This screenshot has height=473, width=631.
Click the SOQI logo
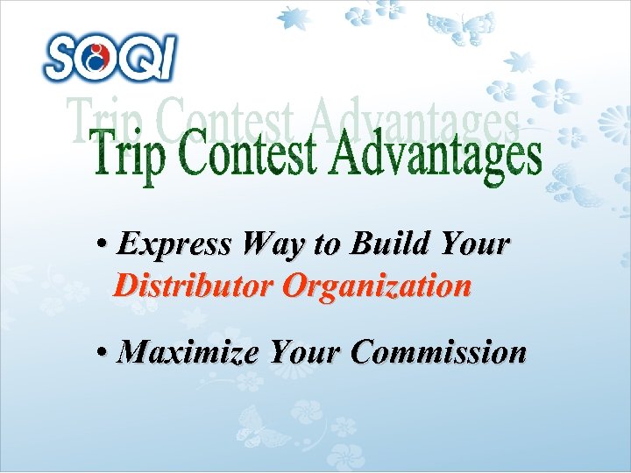click(110, 58)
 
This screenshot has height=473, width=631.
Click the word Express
click(174, 244)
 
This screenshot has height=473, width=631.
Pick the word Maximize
click(188, 352)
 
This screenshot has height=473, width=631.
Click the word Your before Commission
click(306, 352)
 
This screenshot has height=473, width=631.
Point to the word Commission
click(438, 352)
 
